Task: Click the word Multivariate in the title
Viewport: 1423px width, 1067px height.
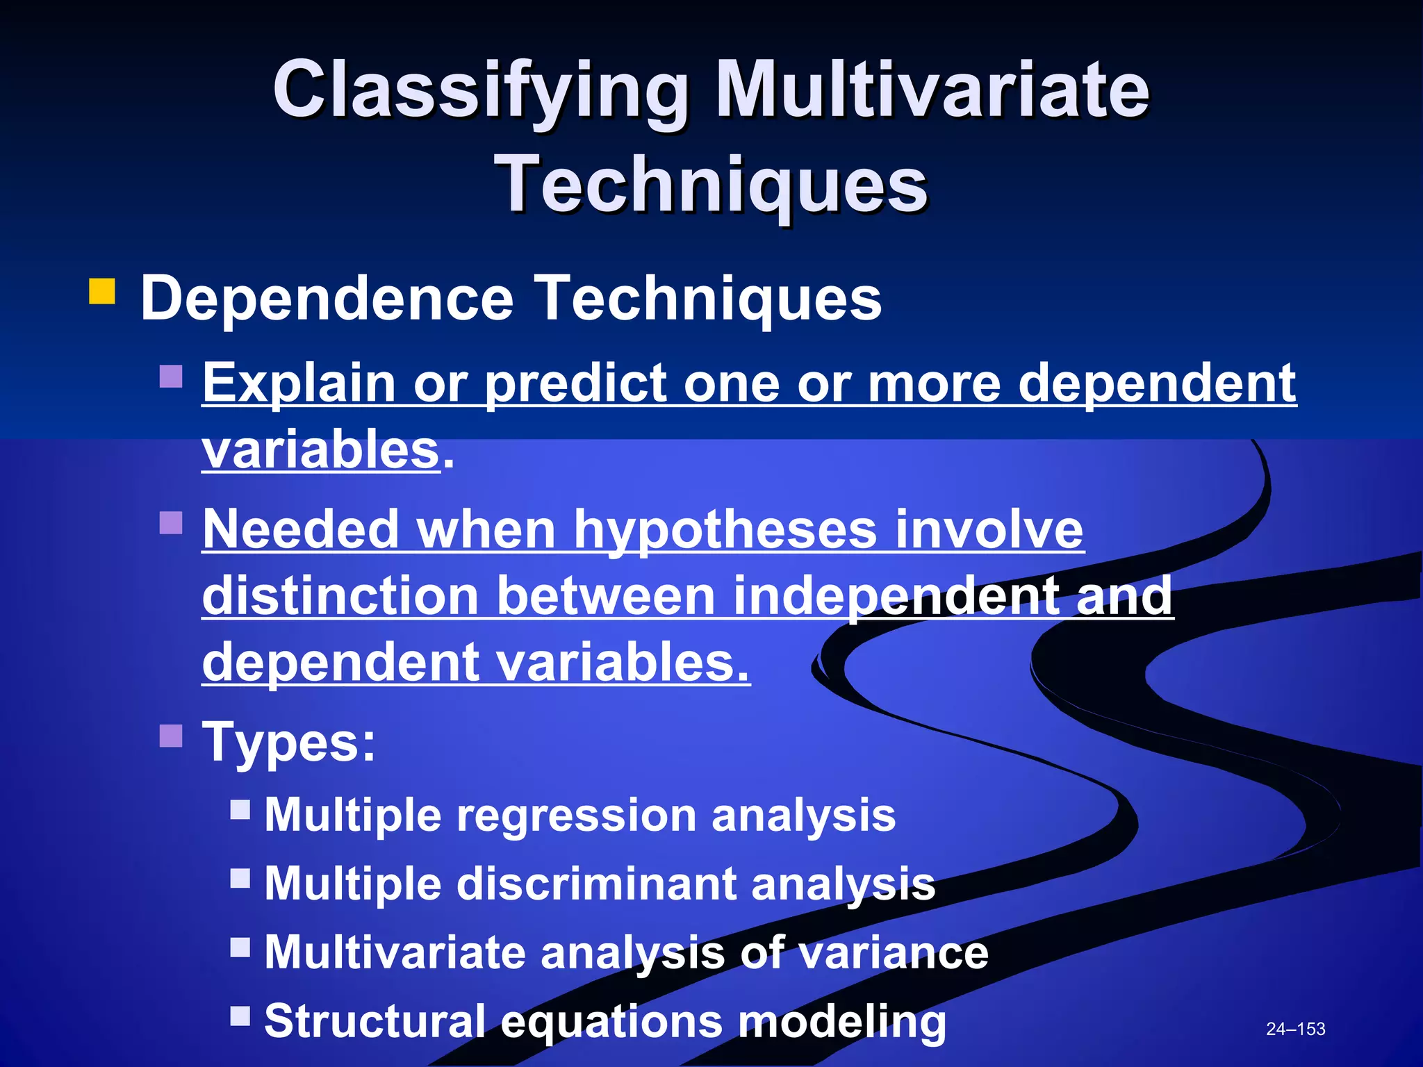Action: pos(931,90)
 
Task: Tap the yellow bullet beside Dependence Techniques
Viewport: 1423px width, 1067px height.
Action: pos(101,292)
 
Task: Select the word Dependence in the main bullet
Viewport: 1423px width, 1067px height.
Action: pos(327,299)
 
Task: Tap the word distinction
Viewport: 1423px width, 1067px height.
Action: pos(340,596)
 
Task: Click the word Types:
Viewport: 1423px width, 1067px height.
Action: pos(288,742)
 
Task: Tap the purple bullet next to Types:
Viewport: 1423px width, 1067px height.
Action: pos(171,735)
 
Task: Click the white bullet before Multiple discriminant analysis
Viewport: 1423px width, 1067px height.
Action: pos(240,878)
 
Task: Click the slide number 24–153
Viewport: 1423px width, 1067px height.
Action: pos(1295,1029)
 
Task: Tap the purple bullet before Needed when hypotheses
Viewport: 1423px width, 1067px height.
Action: pos(171,522)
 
